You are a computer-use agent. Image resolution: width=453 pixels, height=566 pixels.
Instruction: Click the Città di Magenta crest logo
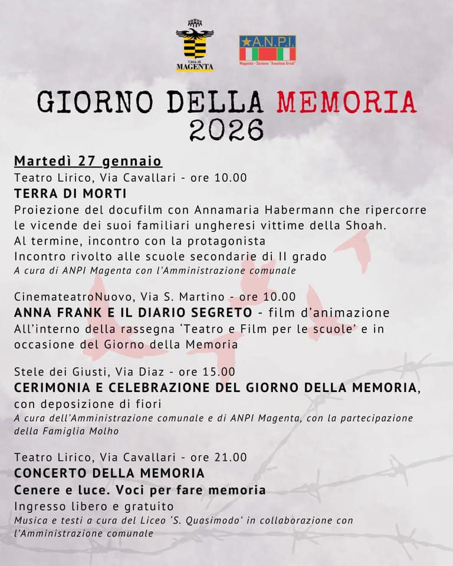tap(195, 49)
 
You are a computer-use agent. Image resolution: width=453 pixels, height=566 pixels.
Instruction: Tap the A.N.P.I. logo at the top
tap(268, 50)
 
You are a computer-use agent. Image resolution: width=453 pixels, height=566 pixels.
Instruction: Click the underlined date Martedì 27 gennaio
tap(88, 161)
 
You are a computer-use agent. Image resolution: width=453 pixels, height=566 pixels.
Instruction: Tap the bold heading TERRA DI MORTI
tap(70, 194)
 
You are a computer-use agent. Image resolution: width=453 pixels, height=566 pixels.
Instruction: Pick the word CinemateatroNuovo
tap(74, 296)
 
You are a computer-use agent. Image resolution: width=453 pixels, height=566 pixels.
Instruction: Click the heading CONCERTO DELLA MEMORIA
tap(109, 473)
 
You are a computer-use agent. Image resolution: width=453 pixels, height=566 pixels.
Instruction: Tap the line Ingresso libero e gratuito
tap(94, 506)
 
